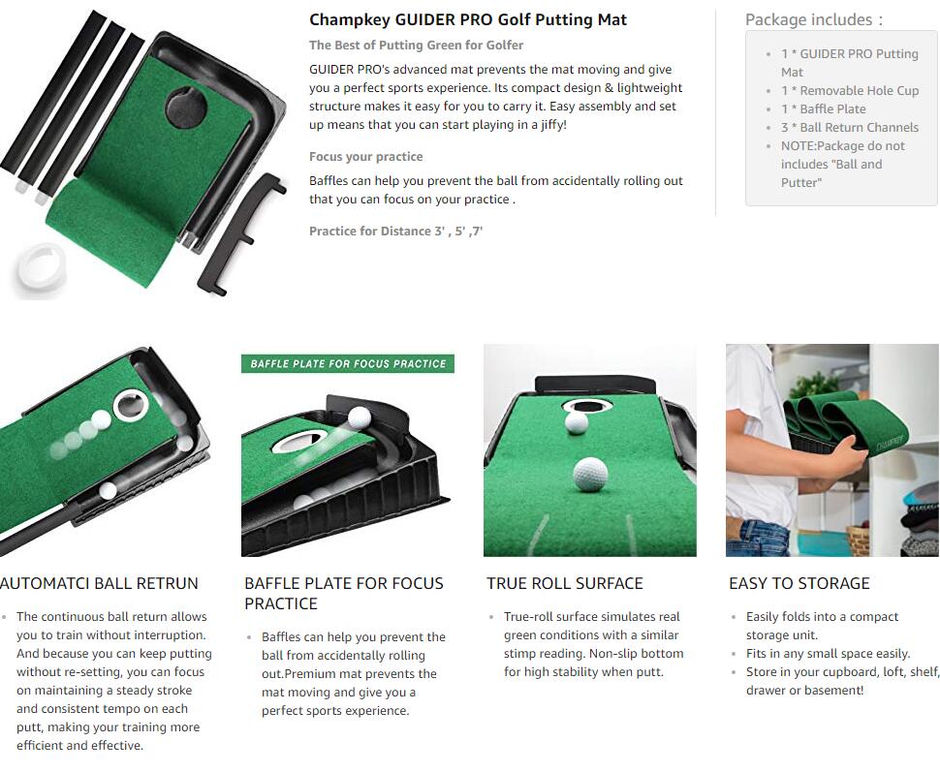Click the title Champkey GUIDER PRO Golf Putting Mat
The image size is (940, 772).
coord(468,19)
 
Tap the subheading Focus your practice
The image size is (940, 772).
coord(365,157)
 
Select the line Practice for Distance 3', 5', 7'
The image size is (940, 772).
coord(395,231)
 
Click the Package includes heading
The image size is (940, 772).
coord(813,19)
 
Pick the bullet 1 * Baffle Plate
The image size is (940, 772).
coord(823,109)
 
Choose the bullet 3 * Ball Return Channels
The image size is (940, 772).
coord(850,127)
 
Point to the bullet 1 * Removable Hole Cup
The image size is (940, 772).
coord(850,90)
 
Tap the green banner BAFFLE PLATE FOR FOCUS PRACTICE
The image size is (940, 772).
coord(348,364)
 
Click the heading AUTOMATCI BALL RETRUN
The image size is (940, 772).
coord(99,583)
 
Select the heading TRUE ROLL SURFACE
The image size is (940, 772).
coord(565,583)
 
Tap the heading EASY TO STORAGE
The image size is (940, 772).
coord(799,583)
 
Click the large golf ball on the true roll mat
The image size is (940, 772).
coord(590,474)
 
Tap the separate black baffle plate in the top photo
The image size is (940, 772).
coord(243,233)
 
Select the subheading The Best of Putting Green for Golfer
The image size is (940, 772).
coord(416,45)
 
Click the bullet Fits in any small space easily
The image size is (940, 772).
coord(828,653)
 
